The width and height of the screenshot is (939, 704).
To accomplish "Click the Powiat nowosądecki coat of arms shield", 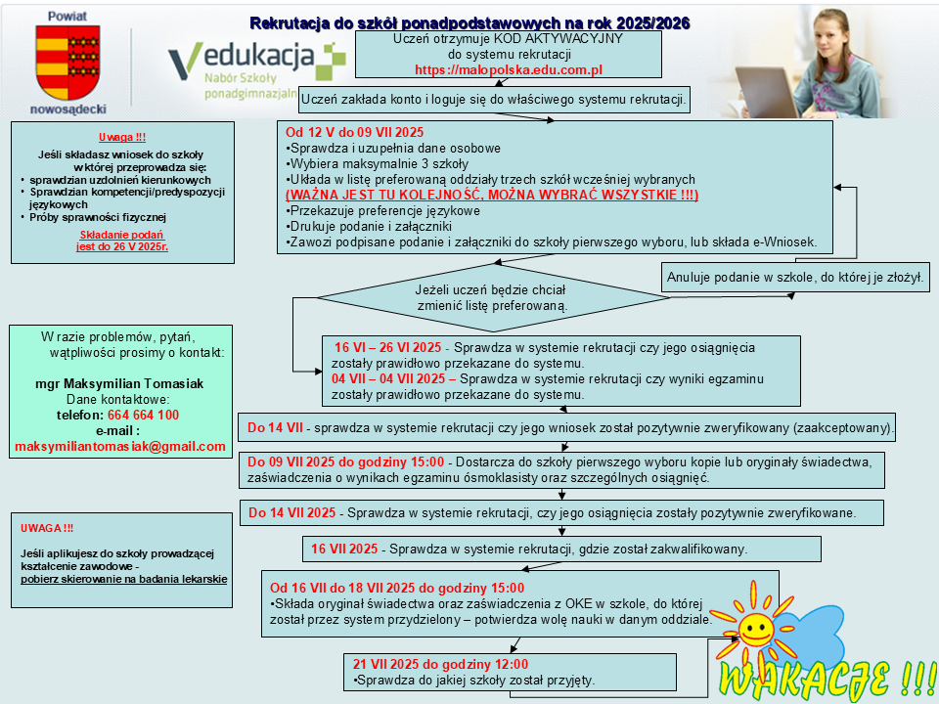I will (67, 62).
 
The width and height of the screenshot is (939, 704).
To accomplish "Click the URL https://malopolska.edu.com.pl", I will (509, 70).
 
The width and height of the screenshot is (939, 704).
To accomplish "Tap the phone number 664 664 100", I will (143, 415).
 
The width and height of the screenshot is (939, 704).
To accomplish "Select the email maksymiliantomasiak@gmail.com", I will (120, 447).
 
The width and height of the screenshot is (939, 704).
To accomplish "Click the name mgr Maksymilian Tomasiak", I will (119, 383).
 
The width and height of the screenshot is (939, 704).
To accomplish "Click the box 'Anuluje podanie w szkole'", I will (795, 278).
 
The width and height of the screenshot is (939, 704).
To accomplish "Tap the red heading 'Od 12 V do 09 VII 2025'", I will (355, 132).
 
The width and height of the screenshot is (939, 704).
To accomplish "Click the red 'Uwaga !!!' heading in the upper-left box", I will (122, 137).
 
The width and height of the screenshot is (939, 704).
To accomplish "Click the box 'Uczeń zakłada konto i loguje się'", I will (496, 99).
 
